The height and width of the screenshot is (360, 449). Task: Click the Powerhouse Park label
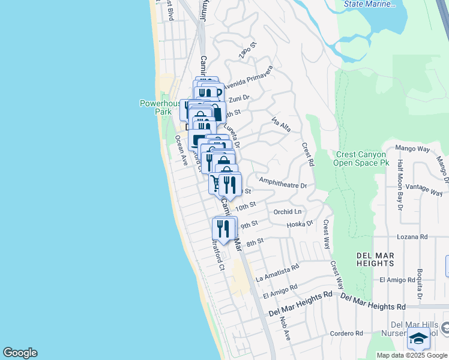coord(160,107)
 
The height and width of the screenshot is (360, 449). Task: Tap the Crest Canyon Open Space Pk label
coord(360,158)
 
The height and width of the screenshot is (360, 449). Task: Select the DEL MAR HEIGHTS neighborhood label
coord(375,260)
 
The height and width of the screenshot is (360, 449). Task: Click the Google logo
coord(20,353)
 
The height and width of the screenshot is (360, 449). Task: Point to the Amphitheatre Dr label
coord(283,182)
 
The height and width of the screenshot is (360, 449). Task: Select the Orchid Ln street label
coord(288,212)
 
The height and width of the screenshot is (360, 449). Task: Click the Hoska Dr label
coord(300,224)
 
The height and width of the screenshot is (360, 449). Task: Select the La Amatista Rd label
coord(277,274)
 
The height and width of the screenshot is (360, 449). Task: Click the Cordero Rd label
coord(346,333)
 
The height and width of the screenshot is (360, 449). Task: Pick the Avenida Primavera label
coord(247,80)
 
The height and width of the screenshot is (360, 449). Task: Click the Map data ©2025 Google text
coord(412,355)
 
